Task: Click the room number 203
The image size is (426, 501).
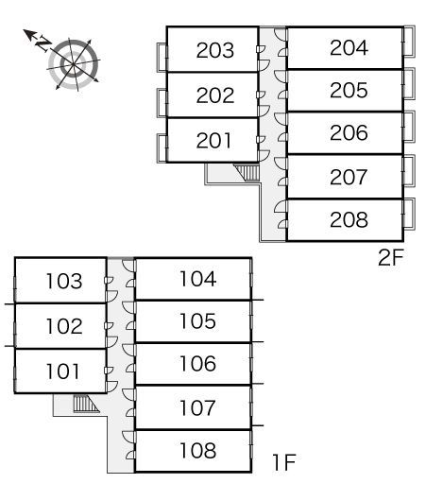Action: (215, 50)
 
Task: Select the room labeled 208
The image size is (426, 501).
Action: (349, 220)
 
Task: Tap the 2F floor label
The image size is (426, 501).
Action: (390, 257)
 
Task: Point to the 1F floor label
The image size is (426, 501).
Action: (284, 462)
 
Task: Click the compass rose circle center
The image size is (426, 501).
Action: (73, 64)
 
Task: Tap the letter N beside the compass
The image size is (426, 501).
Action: (43, 43)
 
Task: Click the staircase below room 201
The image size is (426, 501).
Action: (247, 173)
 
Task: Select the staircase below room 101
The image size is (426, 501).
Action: (86, 404)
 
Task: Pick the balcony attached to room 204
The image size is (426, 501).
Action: (409, 42)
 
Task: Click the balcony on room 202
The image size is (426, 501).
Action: (162, 103)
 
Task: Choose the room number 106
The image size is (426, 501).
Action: (197, 364)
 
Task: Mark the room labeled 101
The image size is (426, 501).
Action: (62, 371)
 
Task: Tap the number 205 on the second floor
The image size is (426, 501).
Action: (349, 91)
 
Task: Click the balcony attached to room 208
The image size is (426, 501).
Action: (409, 214)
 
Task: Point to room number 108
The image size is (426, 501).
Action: (197, 451)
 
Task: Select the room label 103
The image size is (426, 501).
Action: (64, 281)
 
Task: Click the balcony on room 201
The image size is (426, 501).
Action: (162, 148)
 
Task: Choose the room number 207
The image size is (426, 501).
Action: (349, 178)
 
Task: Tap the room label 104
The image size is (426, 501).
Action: (198, 278)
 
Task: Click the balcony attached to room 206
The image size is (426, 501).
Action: (409, 127)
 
